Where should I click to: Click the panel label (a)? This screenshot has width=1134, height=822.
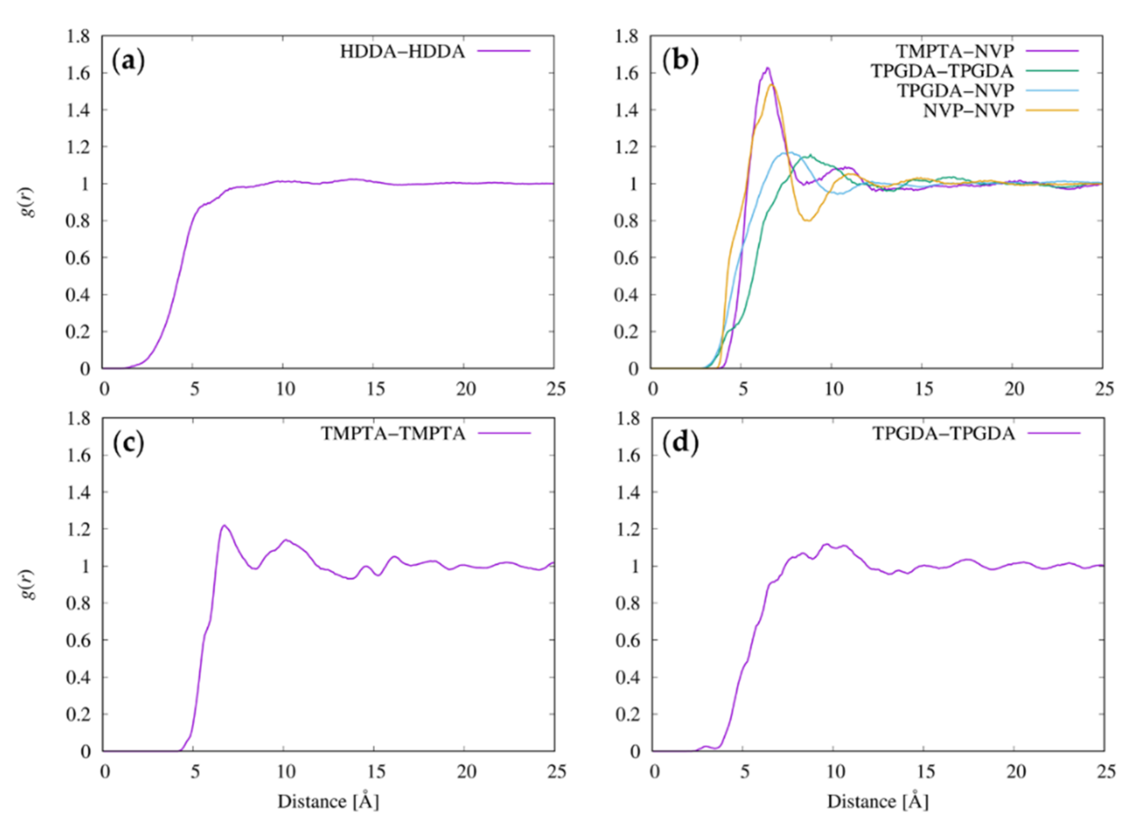pyautogui.click(x=129, y=62)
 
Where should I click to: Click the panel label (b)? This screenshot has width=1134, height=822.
pyautogui.click(x=680, y=62)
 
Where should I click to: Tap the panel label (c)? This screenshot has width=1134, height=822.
pyautogui.click(x=129, y=444)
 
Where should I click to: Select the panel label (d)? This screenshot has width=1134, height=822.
pyautogui.click(x=680, y=444)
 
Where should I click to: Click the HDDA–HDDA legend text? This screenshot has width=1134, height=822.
pyautogui.click(x=403, y=51)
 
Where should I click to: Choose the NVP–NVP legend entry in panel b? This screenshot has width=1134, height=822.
pyautogui.click(x=968, y=111)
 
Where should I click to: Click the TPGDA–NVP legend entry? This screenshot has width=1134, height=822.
pyautogui.click(x=955, y=91)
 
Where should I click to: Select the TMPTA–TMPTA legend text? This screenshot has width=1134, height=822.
pyautogui.click(x=393, y=434)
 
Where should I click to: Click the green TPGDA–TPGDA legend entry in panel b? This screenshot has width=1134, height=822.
pyautogui.click(x=943, y=71)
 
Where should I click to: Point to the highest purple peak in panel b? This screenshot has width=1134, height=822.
pyautogui.click(x=767, y=68)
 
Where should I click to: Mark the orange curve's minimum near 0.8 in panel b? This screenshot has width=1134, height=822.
pyautogui.click(x=808, y=221)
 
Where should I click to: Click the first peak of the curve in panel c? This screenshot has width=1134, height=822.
pyautogui.click(x=224, y=526)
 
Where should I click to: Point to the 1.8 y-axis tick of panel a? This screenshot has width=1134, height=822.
pyautogui.click(x=78, y=37)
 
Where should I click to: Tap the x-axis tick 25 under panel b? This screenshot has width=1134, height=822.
pyautogui.click(x=1104, y=389)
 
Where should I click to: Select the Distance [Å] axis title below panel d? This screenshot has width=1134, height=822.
pyautogui.click(x=877, y=802)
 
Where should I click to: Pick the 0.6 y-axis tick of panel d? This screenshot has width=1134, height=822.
pyautogui.click(x=628, y=641)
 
